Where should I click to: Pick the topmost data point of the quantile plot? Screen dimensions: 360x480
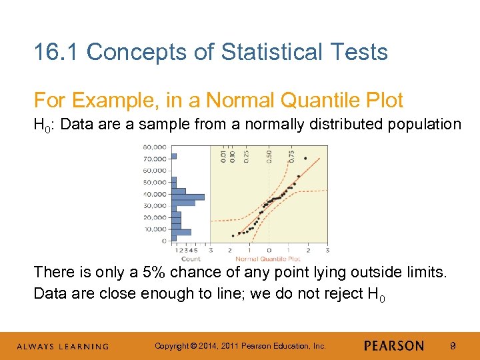305,158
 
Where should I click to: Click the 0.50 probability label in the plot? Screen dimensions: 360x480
269,155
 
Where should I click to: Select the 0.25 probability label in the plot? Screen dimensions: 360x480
247,155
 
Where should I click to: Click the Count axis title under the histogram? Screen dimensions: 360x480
191,259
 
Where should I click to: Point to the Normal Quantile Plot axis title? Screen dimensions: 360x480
267,259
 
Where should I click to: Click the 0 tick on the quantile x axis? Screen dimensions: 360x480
268,251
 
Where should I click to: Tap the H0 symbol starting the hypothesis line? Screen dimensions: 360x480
42,124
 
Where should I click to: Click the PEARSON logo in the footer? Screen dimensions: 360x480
394,345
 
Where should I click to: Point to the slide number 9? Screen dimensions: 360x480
453,345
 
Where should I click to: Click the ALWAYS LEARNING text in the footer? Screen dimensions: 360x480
63,346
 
